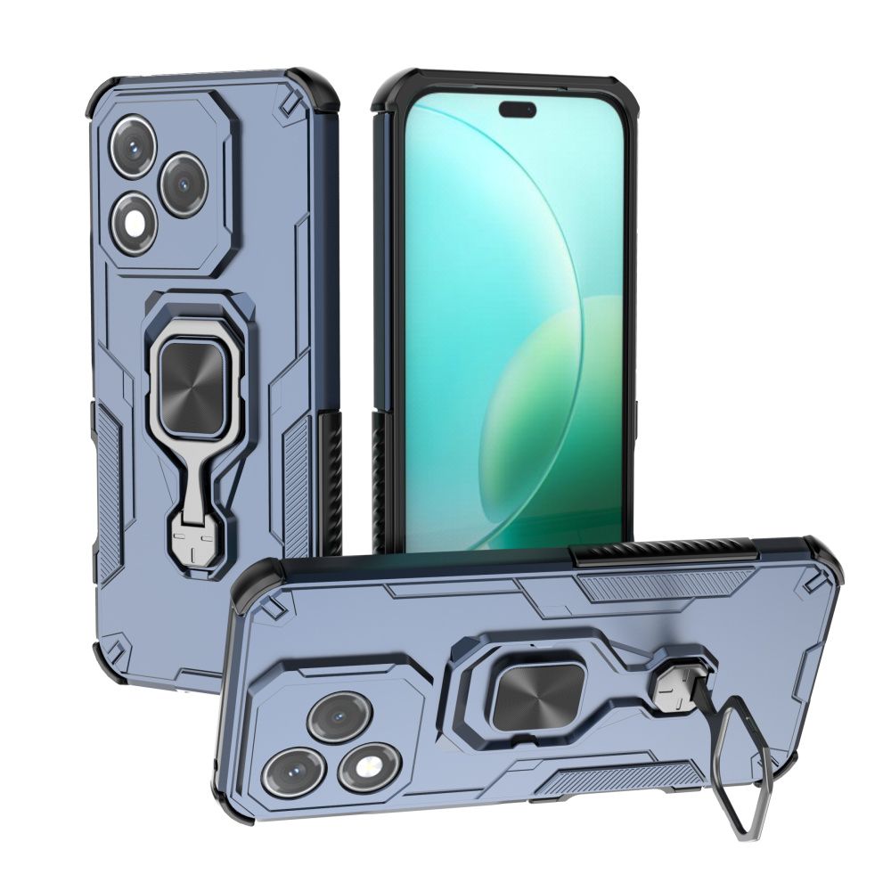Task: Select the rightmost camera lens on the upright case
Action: pyautogui.click(x=184, y=183)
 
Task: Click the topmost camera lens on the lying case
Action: pyautogui.click(x=339, y=715)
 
